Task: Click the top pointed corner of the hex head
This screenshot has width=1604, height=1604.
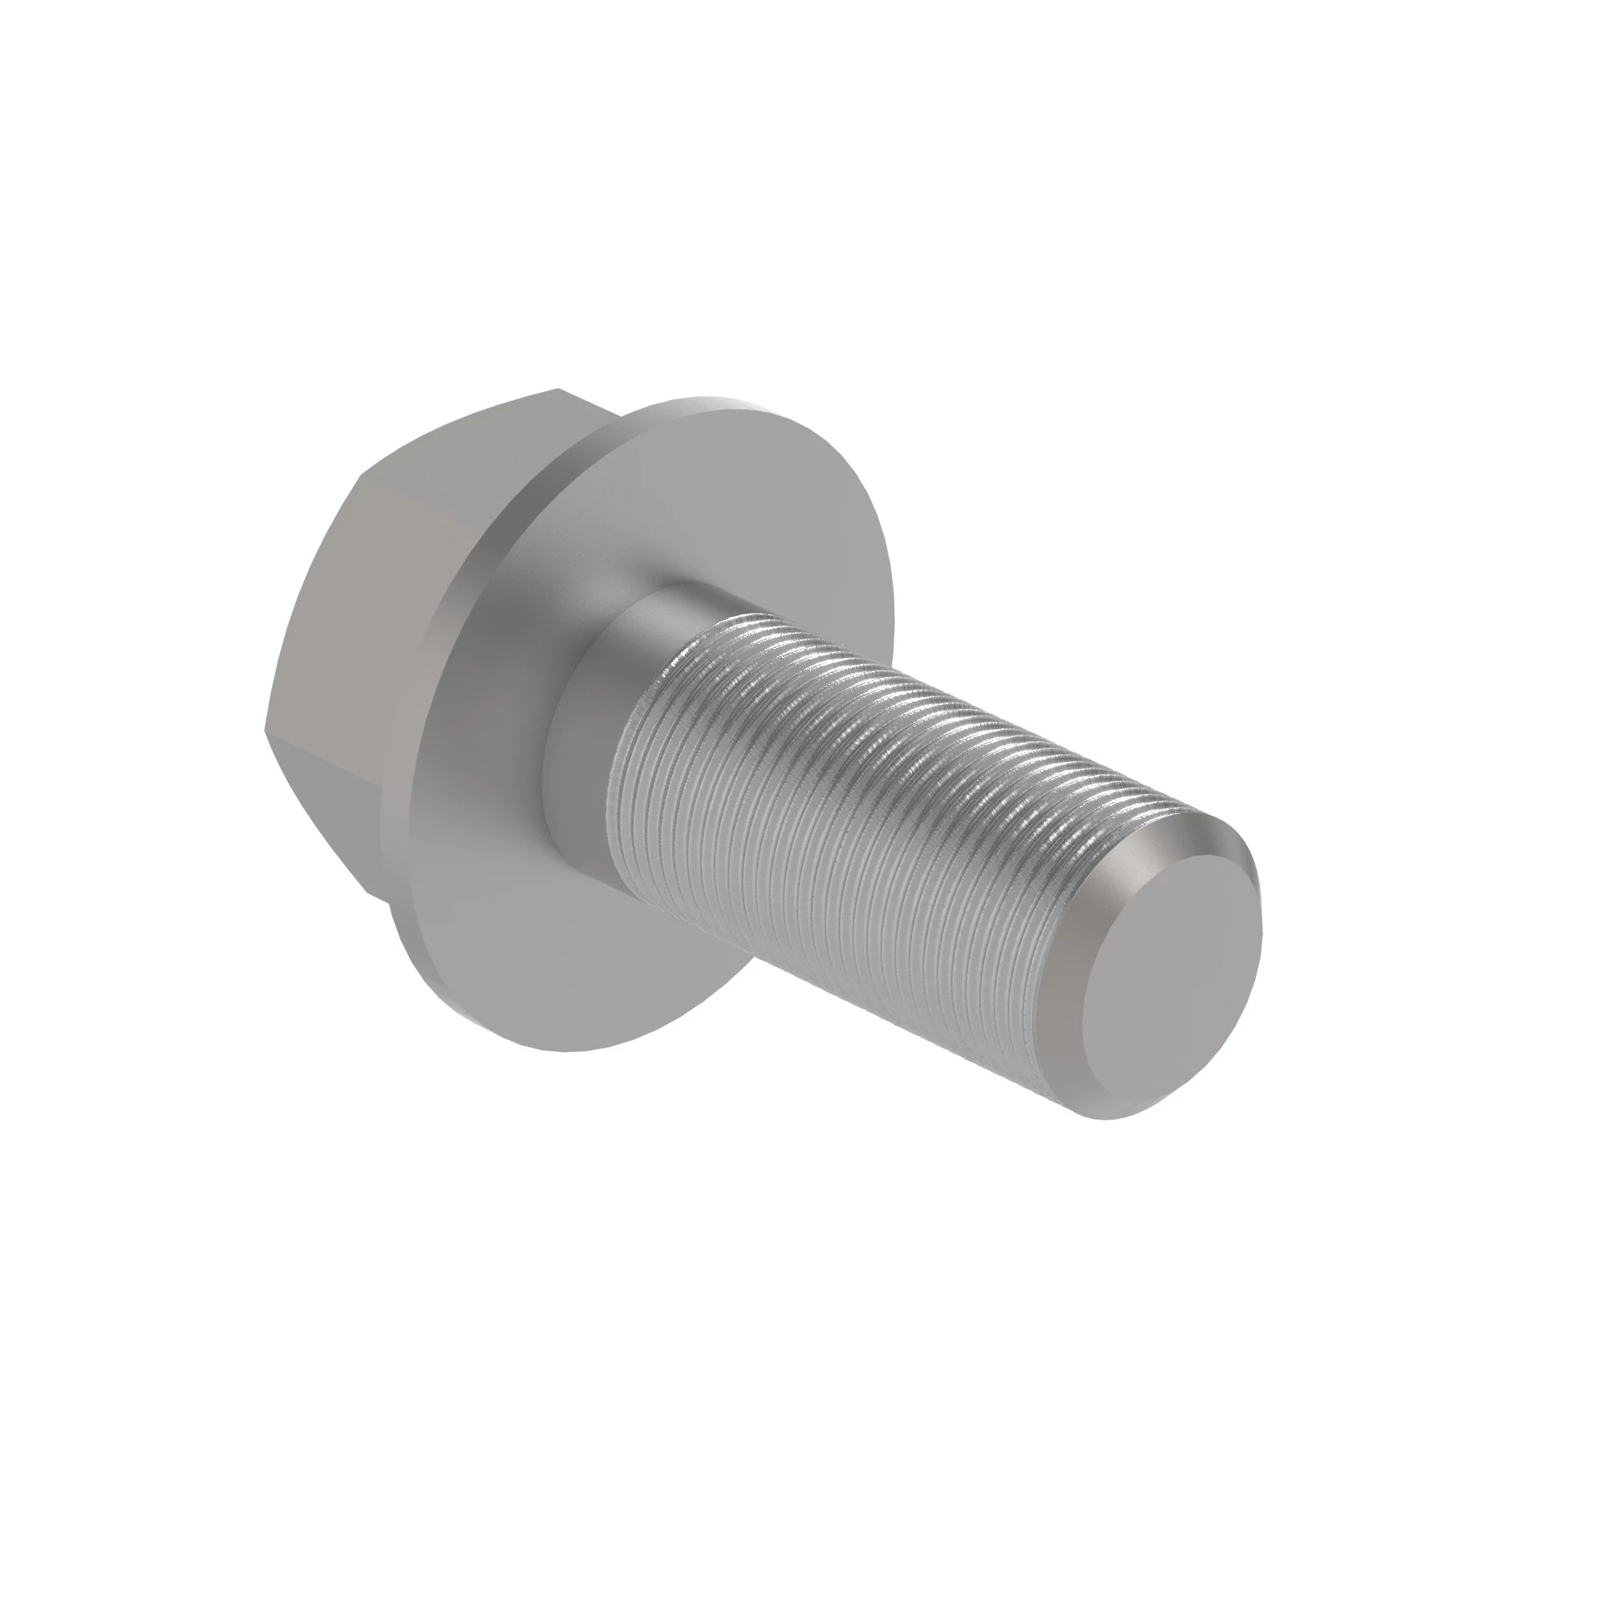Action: (558, 388)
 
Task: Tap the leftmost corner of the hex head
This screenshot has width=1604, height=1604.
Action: (265, 732)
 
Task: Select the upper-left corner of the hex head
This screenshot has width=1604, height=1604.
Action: (362, 476)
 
